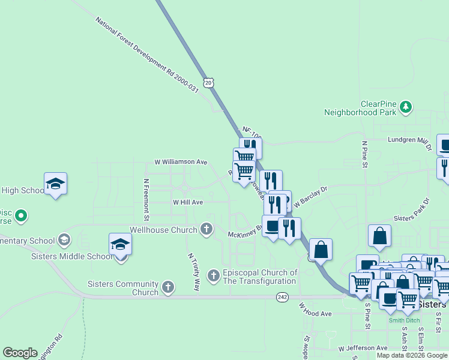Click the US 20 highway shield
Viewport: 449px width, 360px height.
pos(208,83)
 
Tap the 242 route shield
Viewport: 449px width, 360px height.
pos(283,297)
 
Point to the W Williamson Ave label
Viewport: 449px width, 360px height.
pos(181,162)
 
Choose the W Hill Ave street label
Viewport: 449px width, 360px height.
pos(188,203)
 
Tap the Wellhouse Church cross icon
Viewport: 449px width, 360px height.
pos(206,229)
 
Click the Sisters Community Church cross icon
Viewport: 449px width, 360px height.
pos(168,287)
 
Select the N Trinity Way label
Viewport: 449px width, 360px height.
pos(193,271)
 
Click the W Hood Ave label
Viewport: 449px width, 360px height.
pos(316,310)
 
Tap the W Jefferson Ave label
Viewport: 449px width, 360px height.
pos(363,348)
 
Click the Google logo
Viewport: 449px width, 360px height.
pos(20,352)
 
